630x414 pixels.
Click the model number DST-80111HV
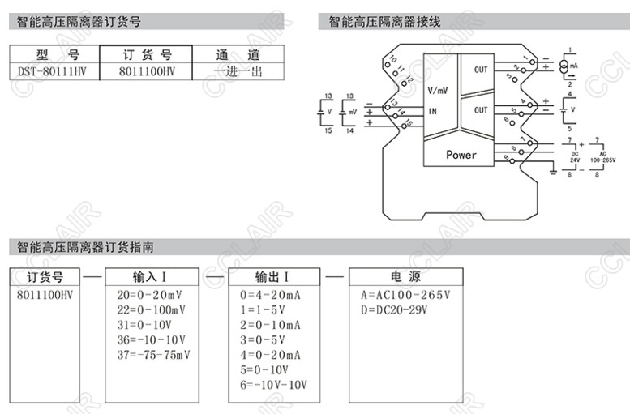click(53, 71)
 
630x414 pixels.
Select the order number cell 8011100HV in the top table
click(146, 71)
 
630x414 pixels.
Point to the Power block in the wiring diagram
click(461, 155)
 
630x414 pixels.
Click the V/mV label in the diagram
click(438, 90)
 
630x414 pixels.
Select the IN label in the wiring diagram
click(432, 111)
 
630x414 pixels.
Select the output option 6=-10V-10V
click(275, 384)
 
